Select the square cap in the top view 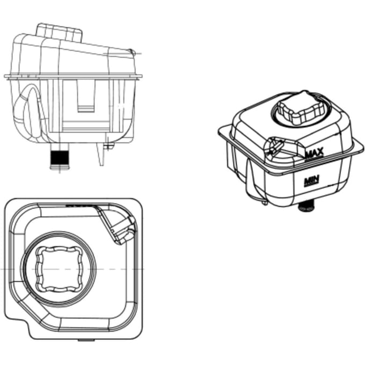[x=59, y=269]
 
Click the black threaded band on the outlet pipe [x=60, y=158]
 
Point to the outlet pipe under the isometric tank [x=306, y=207]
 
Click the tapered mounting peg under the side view [x=100, y=154]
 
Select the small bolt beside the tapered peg [x=109, y=147]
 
